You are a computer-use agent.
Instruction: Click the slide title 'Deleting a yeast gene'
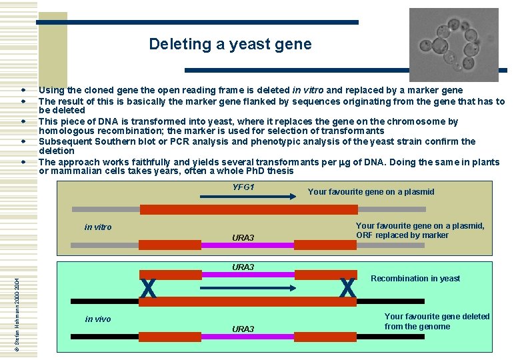pyautogui.click(x=230, y=45)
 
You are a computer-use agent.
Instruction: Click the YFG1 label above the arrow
pyautogui.click(x=243, y=187)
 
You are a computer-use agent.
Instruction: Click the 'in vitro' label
pyautogui.click(x=98, y=227)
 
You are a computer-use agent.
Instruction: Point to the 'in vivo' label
pyautogui.click(x=98, y=319)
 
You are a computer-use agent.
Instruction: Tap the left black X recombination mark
pyautogui.click(x=149, y=289)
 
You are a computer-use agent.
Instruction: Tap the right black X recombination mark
pyautogui.click(x=347, y=289)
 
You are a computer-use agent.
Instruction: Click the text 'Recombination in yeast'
pyautogui.click(x=415, y=279)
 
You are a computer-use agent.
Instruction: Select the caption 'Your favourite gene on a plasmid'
pyautogui.click(x=371, y=192)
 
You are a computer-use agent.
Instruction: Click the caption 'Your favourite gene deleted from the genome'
pyautogui.click(x=437, y=321)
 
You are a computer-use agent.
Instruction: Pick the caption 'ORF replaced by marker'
pyautogui.click(x=402, y=235)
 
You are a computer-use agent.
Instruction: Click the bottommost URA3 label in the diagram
pyautogui.click(x=243, y=329)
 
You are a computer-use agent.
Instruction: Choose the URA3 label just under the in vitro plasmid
pyautogui.click(x=243, y=238)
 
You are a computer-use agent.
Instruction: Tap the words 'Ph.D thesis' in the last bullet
pyautogui.click(x=271, y=171)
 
